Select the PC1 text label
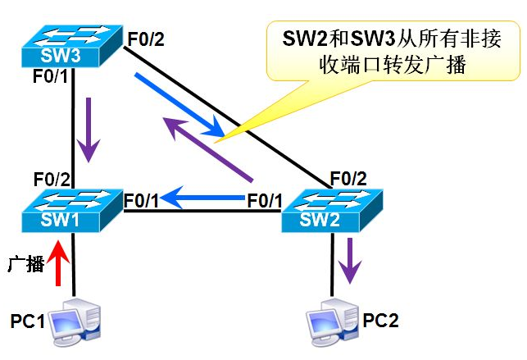point(28,318)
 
